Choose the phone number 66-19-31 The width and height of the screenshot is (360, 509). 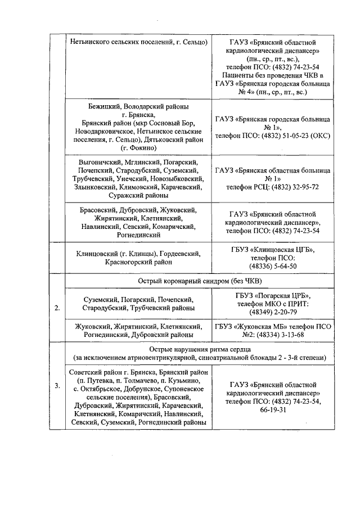coord(273,409)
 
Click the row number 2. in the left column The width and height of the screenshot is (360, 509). coord(57,308)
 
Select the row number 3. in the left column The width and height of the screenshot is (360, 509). coord(57,386)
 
